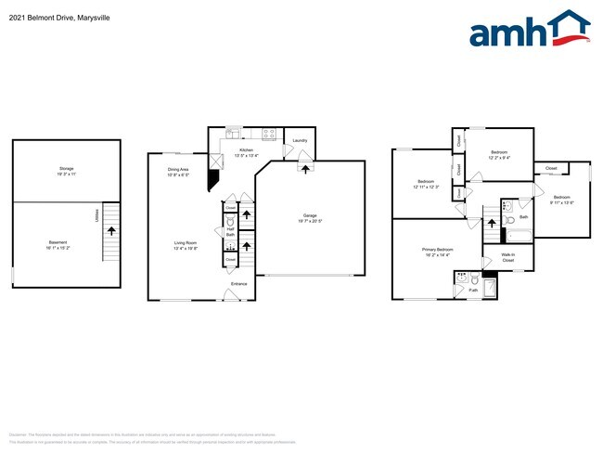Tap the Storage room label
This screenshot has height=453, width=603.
coord(66,170)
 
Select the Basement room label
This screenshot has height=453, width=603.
coord(58,244)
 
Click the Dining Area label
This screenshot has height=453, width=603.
coord(179,171)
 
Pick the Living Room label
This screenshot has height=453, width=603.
coord(186,246)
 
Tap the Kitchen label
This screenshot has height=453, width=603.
coord(246,151)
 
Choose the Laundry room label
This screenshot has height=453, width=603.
coord(299,141)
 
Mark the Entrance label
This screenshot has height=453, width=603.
coord(239,283)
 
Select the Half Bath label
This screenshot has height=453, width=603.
coord(230,232)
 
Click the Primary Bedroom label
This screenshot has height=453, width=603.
coord(438,252)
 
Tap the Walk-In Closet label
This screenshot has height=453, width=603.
coord(508,257)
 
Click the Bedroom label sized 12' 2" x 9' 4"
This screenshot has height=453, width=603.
coord(498,154)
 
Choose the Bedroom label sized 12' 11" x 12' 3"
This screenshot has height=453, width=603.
coord(426,183)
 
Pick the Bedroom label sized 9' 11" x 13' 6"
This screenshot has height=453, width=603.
coord(562,200)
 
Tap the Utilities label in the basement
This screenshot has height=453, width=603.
coord(96,215)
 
